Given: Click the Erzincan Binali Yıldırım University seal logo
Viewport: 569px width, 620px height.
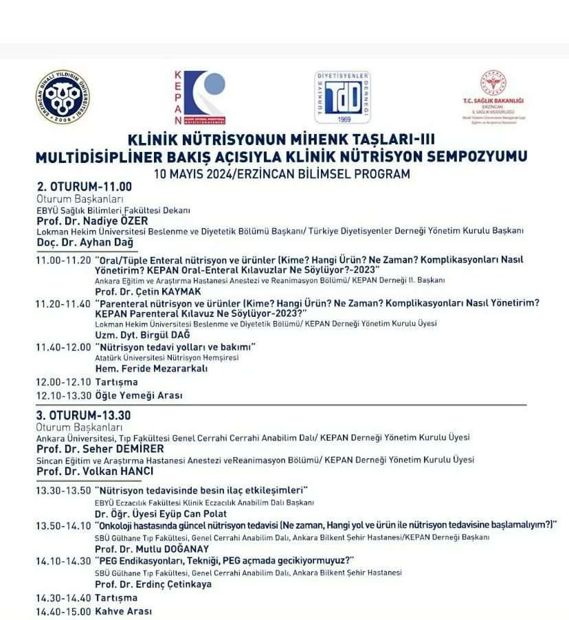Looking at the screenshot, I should click(x=62, y=97).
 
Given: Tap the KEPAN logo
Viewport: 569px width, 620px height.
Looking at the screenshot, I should click(x=199, y=97).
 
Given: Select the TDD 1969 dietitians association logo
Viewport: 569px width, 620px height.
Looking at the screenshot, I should click(x=342, y=97).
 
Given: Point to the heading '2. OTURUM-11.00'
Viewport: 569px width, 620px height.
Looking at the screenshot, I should click(x=84, y=186).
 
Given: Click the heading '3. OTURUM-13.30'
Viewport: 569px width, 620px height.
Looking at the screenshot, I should click(x=84, y=415).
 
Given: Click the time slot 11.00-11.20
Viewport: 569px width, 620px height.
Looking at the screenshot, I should click(x=63, y=260).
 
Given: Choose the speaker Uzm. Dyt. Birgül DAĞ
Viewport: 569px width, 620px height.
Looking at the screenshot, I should click(x=142, y=334).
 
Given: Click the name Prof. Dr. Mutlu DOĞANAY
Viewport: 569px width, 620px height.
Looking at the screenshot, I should click(x=152, y=549).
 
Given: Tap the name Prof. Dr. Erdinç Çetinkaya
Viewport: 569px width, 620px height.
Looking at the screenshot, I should click(x=153, y=584).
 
